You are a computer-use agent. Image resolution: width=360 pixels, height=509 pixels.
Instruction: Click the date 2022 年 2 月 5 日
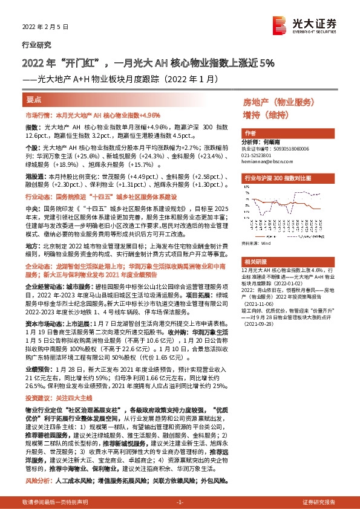pos(46,28)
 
